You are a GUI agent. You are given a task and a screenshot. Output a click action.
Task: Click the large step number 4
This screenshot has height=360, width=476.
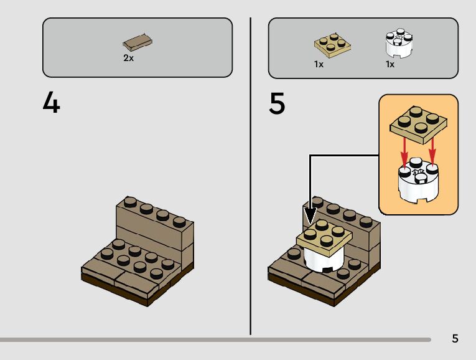point(52,103)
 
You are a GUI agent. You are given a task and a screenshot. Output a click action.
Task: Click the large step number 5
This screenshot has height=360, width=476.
point(278,103)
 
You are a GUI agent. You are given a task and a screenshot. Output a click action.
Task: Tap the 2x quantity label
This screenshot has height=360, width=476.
point(128,58)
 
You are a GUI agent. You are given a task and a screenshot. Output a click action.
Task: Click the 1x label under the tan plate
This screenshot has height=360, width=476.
point(319,64)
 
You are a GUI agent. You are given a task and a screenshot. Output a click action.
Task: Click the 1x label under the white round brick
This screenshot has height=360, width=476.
point(390,64)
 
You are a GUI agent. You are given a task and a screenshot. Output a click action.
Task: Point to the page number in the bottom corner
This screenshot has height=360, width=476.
point(455,339)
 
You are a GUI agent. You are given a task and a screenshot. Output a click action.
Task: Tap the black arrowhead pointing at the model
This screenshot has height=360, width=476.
point(310,215)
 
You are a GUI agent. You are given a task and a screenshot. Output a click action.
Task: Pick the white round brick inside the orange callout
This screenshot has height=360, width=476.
point(418,184)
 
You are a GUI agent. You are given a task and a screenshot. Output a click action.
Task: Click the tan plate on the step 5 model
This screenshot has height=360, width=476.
point(325,234)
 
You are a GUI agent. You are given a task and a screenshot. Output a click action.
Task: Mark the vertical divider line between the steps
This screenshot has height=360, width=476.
point(250,174)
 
